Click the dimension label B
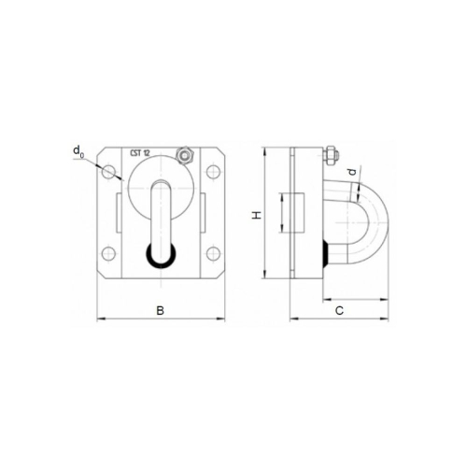pos(160,310)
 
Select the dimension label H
pos(257,215)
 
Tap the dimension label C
pos(339,310)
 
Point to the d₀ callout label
pos(78,151)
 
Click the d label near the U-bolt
pos(352,172)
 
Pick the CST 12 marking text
pos(140,153)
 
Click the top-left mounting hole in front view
pos(108,172)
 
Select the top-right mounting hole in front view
pos(213,172)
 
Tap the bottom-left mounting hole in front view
pos(108,253)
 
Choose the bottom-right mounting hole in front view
pos(213,253)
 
